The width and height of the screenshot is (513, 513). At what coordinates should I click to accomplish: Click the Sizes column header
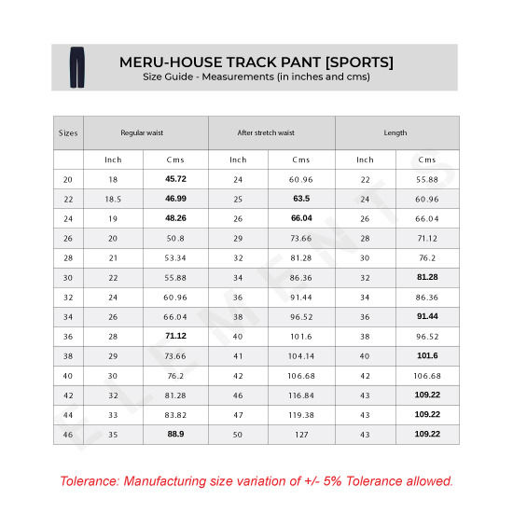tap(68, 132)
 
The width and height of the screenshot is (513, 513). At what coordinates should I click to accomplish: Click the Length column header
tap(395, 132)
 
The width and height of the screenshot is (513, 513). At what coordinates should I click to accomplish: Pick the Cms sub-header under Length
tap(427, 159)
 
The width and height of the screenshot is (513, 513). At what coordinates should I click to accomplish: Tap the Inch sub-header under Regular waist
tap(113, 159)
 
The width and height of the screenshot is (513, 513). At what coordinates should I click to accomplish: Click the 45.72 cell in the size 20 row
tap(176, 179)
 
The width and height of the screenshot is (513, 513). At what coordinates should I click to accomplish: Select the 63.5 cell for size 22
tap(300, 199)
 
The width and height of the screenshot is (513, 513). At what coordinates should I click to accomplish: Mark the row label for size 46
tap(68, 435)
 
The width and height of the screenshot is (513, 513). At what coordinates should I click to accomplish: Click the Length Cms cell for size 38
tap(427, 355)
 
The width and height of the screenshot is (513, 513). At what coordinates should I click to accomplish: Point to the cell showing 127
tap(300, 435)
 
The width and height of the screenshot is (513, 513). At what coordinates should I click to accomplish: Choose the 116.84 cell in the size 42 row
tap(300, 395)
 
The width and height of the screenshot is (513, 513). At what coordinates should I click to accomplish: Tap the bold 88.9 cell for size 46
tap(176, 435)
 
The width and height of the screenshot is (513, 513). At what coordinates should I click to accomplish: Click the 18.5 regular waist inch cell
tap(113, 199)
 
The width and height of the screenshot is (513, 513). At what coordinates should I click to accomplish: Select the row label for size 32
tap(68, 297)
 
